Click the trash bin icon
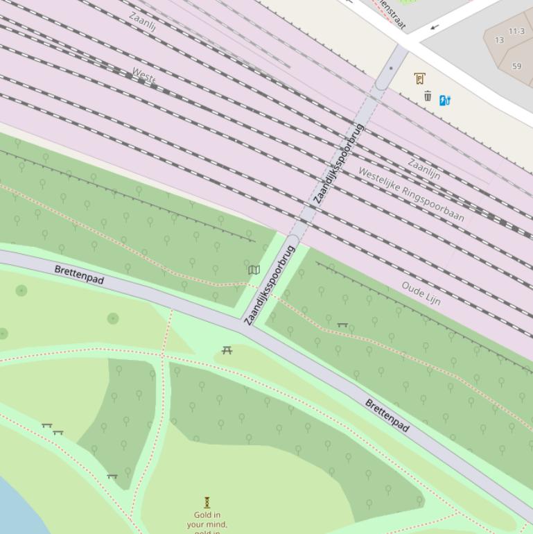[x=428, y=96]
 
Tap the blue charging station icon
[x=445, y=100]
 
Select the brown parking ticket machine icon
[x=419, y=78]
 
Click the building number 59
[x=516, y=67]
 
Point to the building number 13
[x=499, y=40]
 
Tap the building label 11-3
[x=516, y=31]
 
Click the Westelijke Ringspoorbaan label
[x=411, y=193]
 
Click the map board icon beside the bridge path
[x=254, y=270]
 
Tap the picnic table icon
[x=227, y=350]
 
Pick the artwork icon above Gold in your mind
[x=207, y=502]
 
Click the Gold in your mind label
[x=207, y=519]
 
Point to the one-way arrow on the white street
[x=435, y=27]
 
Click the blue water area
[x=17, y=510]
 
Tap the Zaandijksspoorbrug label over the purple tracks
[x=338, y=164]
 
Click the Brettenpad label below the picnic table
[x=387, y=415]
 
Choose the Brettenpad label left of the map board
[x=79, y=275]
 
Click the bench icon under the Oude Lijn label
[x=342, y=324]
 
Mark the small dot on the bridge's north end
[x=390, y=68]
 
